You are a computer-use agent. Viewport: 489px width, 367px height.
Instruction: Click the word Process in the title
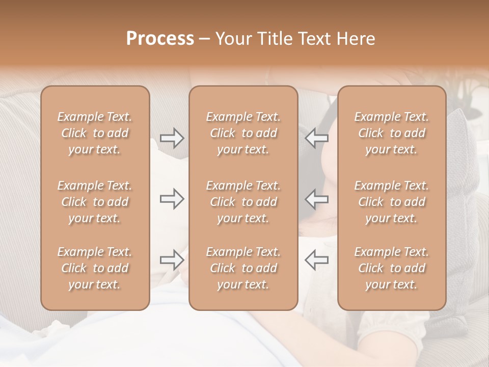pyautogui.click(x=160, y=39)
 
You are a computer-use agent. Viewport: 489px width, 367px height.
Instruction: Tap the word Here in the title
pyautogui.click(x=356, y=39)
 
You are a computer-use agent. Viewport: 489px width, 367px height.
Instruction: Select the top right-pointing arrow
pyautogui.click(x=172, y=138)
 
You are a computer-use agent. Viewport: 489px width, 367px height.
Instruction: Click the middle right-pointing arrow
pyautogui.click(x=172, y=199)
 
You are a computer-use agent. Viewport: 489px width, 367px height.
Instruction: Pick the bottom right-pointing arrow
pyautogui.click(x=172, y=260)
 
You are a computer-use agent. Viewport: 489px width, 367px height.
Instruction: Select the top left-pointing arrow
pyautogui.click(x=316, y=138)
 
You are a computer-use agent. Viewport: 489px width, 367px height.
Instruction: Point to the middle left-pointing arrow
pyautogui.click(x=316, y=199)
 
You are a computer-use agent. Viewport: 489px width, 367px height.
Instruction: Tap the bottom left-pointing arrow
pyautogui.click(x=316, y=260)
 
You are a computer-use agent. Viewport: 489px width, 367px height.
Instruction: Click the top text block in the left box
pyautogui.click(x=95, y=133)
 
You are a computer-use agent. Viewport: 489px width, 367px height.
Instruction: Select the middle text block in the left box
pyautogui.click(x=95, y=202)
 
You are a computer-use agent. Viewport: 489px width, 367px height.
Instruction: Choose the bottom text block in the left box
pyautogui.click(x=95, y=268)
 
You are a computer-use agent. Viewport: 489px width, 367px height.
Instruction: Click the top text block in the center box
pyautogui.click(x=243, y=133)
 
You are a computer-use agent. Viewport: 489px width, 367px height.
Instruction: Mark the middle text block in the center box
pyautogui.click(x=243, y=202)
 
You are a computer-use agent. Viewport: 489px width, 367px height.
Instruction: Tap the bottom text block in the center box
pyautogui.click(x=243, y=268)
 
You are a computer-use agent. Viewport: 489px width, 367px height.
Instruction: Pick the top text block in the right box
pyautogui.click(x=392, y=133)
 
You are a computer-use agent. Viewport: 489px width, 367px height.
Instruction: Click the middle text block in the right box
pyautogui.click(x=392, y=202)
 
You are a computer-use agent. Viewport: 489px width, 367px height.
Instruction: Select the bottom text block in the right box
pyautogui.click(x=392, y=268)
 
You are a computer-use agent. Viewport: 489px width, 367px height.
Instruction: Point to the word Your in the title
pyautogui.click(x=234, y=39)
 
